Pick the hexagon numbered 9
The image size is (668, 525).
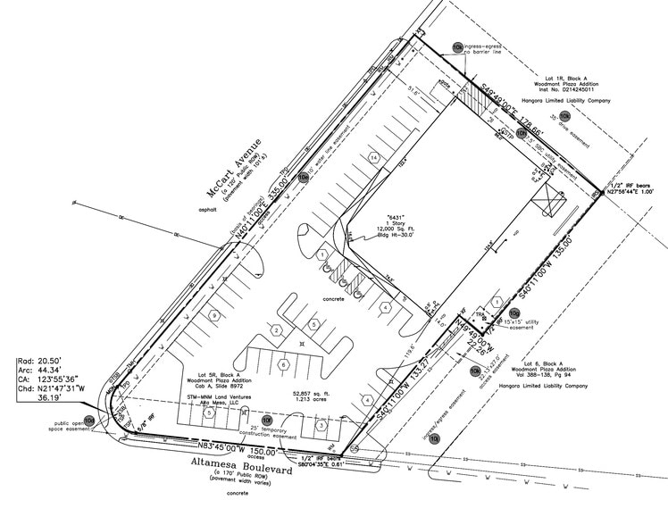213,315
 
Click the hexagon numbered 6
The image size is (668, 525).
284,365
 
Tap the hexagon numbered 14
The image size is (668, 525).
372,158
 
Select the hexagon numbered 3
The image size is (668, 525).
320,425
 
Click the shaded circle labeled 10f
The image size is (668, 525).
267,419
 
